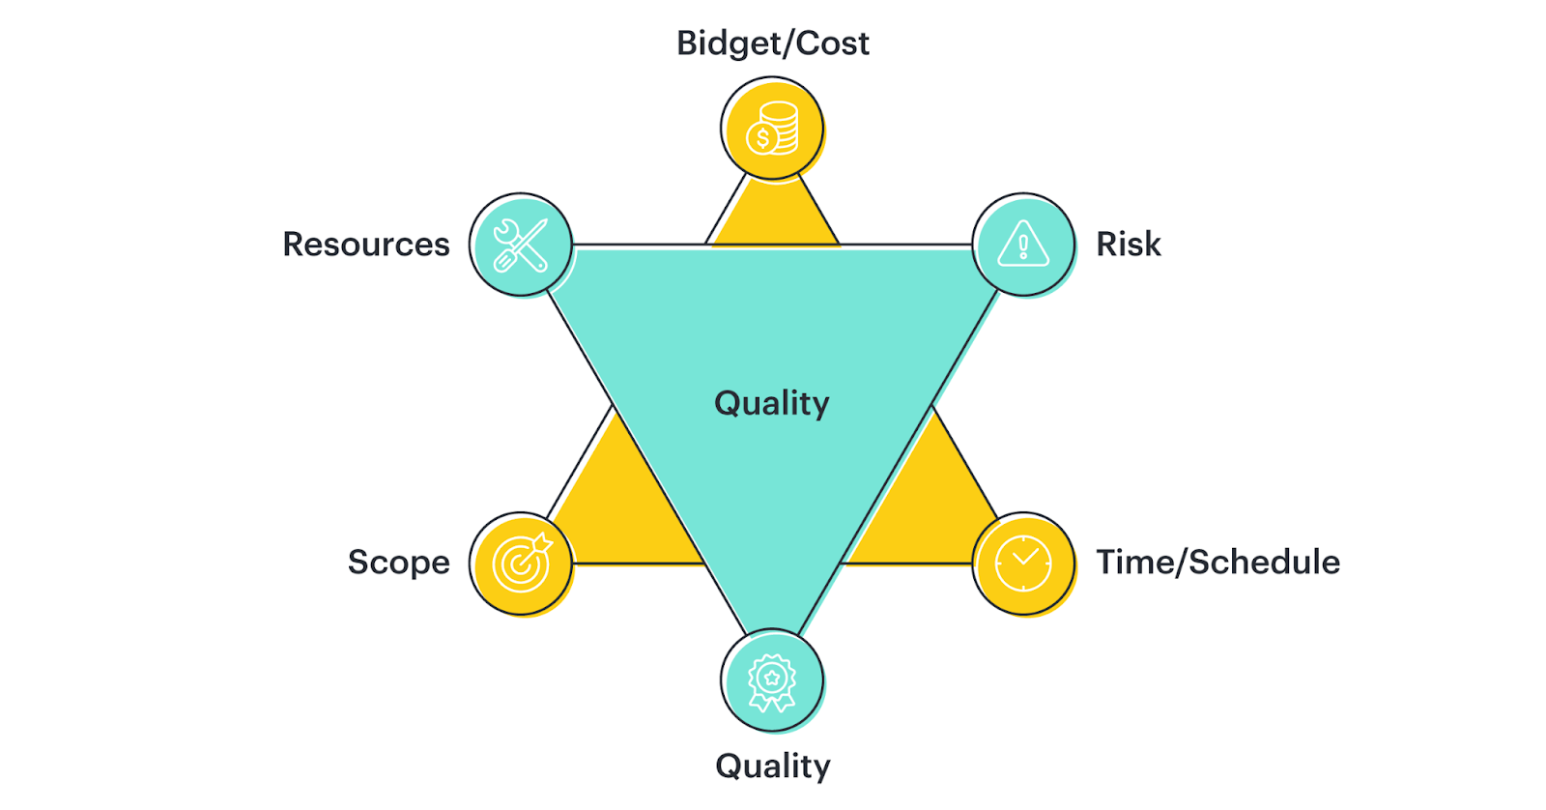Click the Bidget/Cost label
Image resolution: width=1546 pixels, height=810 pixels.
click(772, 43)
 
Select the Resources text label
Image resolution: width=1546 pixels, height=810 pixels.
click(366, 245)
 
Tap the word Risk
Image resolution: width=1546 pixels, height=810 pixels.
click(1128, 245)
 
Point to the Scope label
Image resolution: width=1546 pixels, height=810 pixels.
click(398, 563)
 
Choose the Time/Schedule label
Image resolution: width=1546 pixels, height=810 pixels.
click(1217, 563)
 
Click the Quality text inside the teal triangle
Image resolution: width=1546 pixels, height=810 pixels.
click(771, 403)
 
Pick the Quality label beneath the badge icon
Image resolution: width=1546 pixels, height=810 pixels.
click(772, 766)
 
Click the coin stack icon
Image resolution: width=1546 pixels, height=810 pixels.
click(772, 129)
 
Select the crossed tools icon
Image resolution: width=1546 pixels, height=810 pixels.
click(521, 245)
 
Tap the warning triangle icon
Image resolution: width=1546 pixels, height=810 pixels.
click(1023, 244)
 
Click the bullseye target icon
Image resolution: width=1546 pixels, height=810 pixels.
click(521, 563)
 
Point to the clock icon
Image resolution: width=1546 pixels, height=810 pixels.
click(1023, 563)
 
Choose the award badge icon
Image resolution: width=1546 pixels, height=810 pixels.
click(772, 681)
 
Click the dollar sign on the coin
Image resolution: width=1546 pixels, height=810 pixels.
click(763, 139)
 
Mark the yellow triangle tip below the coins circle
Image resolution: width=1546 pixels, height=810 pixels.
click(773, 217)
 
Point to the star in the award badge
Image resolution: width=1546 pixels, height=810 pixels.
click(772, 678)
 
